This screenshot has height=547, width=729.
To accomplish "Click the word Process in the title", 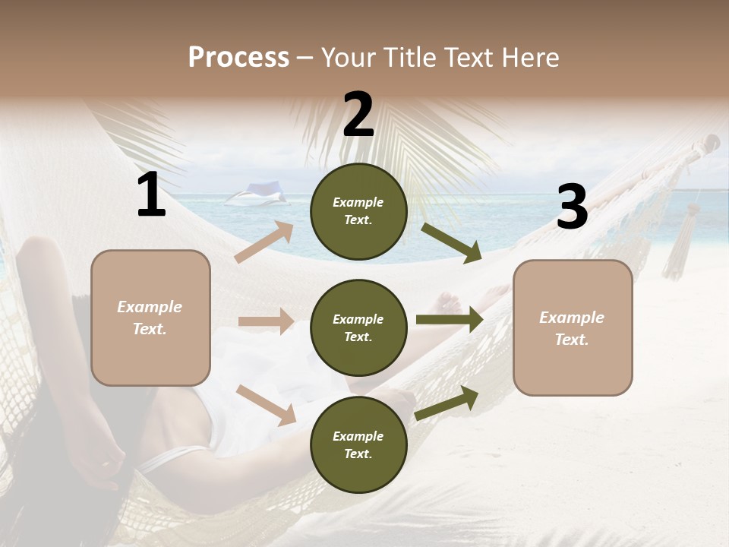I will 238,58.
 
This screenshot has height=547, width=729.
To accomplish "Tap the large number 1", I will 151,196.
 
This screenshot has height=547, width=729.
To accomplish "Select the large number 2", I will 358,115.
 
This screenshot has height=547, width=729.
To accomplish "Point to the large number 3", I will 572,207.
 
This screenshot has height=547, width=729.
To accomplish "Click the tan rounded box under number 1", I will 150,318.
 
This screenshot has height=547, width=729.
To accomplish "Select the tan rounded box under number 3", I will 573,327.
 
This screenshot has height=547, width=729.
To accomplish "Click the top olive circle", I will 358,211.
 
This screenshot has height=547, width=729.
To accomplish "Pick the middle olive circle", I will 358,327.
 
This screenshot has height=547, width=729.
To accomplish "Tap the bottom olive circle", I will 358,444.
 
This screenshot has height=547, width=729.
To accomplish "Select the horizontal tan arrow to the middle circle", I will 266,321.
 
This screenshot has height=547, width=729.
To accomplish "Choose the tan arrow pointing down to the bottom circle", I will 267,404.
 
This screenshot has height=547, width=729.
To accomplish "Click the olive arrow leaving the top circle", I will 452,242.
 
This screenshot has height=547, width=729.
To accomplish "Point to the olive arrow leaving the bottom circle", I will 447,403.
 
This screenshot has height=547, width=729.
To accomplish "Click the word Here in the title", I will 532,58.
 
